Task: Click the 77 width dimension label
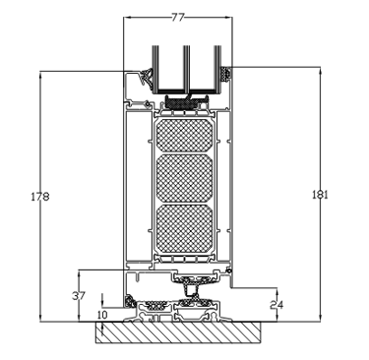(x=178, y=17)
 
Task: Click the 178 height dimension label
(x=40, y=197)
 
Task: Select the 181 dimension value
(x=320, y=195)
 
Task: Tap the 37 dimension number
(x=79, y=296)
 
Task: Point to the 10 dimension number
(x=102, y=315)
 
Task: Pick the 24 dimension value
(x=277, y=305)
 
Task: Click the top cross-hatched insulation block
(x=184, y=135)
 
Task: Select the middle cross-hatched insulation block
(x=184, y=178)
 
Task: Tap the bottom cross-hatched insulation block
(x=184, y=228)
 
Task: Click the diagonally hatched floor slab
(x=179, y=332)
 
